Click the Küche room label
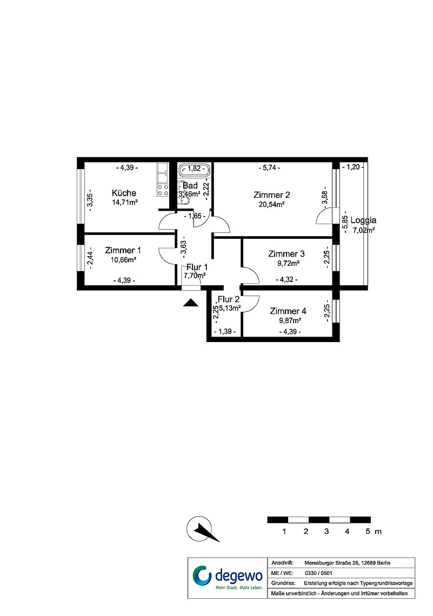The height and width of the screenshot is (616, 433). (x=124, y=193)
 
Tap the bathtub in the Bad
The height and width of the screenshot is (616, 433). (x=195, y=169)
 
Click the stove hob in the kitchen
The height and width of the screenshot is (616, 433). (x=163, y=191)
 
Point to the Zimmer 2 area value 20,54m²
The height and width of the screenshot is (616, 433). (x=271, y=204)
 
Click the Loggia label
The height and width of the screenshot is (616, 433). (x=363, y=220)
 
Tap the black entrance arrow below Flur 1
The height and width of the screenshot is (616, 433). (x=191, y=303)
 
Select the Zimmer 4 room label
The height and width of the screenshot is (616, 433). (x=288, y=311)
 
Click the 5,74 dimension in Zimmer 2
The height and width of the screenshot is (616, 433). (x=270, y=168)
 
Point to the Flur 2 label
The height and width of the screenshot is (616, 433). (x=229, y=299)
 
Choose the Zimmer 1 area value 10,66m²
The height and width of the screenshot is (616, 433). (x=123, y=260)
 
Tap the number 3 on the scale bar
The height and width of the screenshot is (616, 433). (x=327, y=532)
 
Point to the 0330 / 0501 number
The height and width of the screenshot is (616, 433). (x=318, y=573)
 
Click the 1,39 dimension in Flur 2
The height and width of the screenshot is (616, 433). (x=225, y=332)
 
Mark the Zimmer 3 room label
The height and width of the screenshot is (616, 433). (x=287, y=254)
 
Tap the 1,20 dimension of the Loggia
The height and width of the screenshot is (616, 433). (x=353, y=167)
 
